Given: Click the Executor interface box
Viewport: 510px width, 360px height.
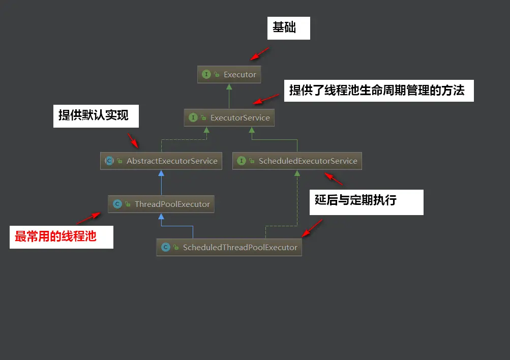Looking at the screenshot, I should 229,74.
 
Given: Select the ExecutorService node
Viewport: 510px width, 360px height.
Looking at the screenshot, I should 229,117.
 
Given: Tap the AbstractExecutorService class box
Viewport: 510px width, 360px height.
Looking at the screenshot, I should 161,161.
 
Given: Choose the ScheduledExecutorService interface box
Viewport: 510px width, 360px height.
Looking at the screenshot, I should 297,161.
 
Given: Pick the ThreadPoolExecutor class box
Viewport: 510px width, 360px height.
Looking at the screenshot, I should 161,204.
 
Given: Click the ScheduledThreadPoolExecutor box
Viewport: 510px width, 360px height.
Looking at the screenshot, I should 229,247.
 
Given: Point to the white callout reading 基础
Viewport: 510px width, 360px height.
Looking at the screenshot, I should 288,29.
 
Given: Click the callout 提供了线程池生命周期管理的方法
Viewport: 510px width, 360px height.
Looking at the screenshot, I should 378,91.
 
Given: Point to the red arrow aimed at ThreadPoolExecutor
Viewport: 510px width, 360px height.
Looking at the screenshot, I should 88,218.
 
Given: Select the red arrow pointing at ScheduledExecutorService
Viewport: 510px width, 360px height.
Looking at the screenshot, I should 334,178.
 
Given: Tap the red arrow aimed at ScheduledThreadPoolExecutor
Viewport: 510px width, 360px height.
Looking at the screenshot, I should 312,228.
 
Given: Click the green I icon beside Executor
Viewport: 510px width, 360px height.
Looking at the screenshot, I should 206,74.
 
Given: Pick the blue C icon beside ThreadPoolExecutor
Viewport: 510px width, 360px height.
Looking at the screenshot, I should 117,204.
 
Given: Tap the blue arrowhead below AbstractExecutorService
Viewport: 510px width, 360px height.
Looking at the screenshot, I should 161,173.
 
